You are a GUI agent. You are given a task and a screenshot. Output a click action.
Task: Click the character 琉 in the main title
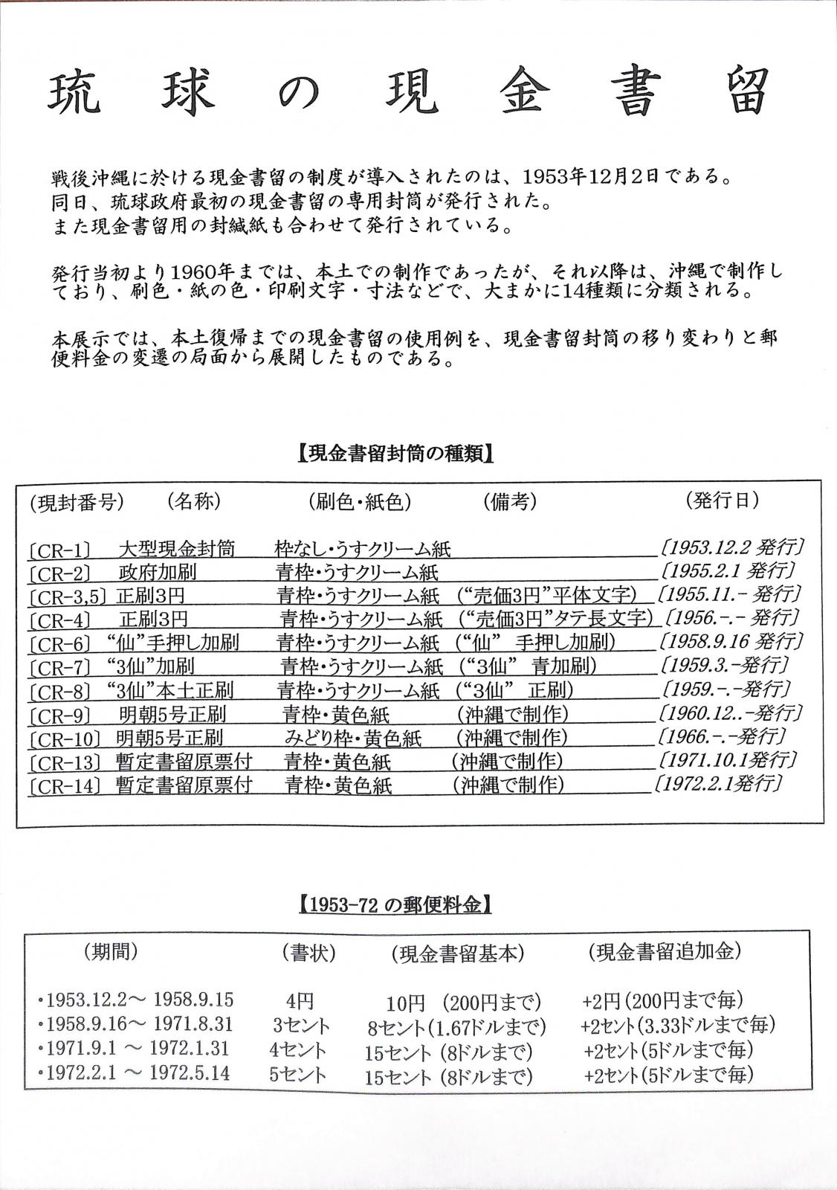click(x=75, y=94)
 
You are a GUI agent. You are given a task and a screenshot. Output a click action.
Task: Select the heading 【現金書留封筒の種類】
click(x=395, y=454)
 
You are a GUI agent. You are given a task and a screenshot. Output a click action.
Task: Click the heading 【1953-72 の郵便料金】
click(x=395, y=904)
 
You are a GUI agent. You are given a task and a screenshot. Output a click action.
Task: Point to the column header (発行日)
click(x=722, y=501)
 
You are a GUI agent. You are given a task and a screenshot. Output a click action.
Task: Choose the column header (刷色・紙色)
click(x=359, y=502)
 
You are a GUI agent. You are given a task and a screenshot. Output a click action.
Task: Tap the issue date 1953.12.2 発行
click(x=731, y=548)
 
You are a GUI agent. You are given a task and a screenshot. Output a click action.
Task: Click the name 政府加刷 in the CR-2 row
click(x=157, y=573)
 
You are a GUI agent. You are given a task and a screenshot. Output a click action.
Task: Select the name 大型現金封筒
click(x=176, y=549)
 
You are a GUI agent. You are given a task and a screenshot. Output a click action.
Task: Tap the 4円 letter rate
click(x=299, y=1000)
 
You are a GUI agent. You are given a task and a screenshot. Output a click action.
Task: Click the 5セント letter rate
click(x=299, y=1074)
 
